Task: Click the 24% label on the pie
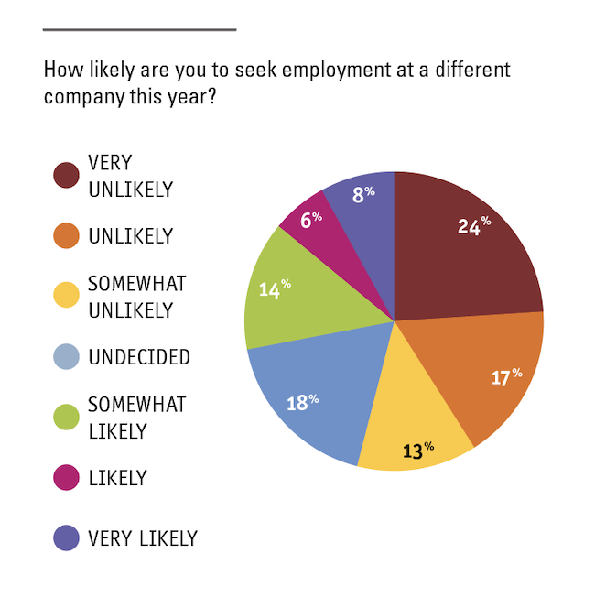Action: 474,225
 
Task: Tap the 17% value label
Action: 505,376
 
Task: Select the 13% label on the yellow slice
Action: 416,450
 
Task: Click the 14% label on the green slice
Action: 274,289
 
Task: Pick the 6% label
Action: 311,218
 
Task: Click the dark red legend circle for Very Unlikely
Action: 66,176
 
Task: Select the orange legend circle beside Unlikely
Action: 66,236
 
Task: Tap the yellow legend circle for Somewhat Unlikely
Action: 66,297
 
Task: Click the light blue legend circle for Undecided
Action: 66,357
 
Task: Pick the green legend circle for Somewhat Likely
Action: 66,418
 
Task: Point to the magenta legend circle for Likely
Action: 66,478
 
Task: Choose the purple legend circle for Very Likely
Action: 66,538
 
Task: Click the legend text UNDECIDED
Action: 139,357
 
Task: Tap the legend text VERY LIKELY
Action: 143,538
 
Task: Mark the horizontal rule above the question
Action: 139,29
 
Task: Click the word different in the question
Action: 464,69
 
